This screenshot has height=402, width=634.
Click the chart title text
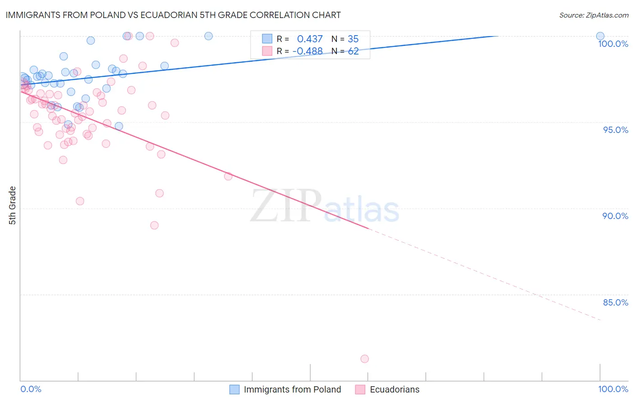pos(173,15)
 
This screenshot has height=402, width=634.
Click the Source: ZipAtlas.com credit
pos(593,15)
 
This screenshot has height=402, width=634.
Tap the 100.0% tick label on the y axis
pos(613,44)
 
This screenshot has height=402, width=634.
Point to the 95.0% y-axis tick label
pos(616,130)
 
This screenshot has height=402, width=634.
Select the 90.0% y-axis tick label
pos(615,216)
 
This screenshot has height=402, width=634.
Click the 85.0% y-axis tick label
pos(616,302)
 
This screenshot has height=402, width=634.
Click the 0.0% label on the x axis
pos(31,389)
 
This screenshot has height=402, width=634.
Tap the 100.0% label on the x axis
pos(613,389)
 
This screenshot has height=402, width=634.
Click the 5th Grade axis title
pos(13,206)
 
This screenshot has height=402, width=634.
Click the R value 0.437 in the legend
pos(310,39)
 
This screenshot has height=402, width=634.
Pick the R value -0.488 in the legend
pos(308,51)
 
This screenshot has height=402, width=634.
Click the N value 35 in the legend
pos(353,39)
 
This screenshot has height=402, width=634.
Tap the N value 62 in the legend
pos(353,51)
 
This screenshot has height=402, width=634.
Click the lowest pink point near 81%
pos(364,359)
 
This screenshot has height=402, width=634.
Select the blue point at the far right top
pos(600,36)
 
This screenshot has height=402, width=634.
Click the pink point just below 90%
pos(154,225)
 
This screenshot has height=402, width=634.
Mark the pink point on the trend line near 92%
pos(228,176)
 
